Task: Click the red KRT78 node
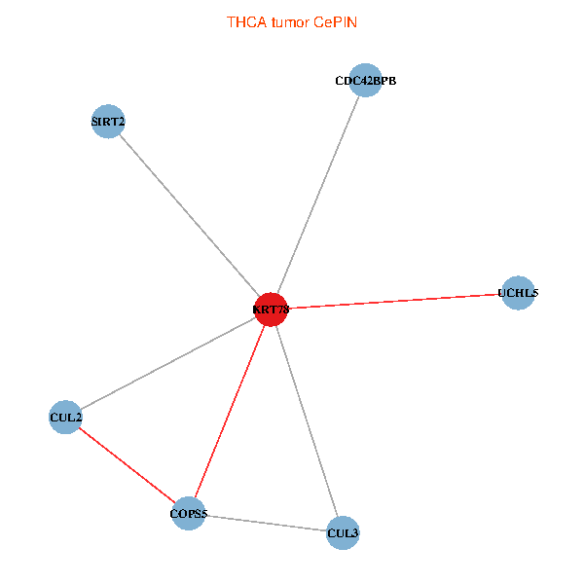pos(271,310)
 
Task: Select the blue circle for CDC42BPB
pos(365,81)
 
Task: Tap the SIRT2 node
pos(107,122)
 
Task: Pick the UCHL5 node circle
pos(518,292)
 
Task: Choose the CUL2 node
pos(65,418)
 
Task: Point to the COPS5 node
pos(189,513)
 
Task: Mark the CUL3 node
pos(343,532)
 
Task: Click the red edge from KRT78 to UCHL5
pos(394,301)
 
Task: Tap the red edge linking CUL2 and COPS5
pos(127,465)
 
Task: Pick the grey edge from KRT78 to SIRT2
pos(189,215)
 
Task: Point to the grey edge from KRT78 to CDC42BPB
pos(317,195)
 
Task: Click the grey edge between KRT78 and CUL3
pos(307,420)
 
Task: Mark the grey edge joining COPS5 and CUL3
pos(266,523)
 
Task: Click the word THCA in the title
pos(243,20)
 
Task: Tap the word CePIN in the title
pos(335,20)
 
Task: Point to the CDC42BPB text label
pos(365,81)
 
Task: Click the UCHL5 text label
pos(518,292)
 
